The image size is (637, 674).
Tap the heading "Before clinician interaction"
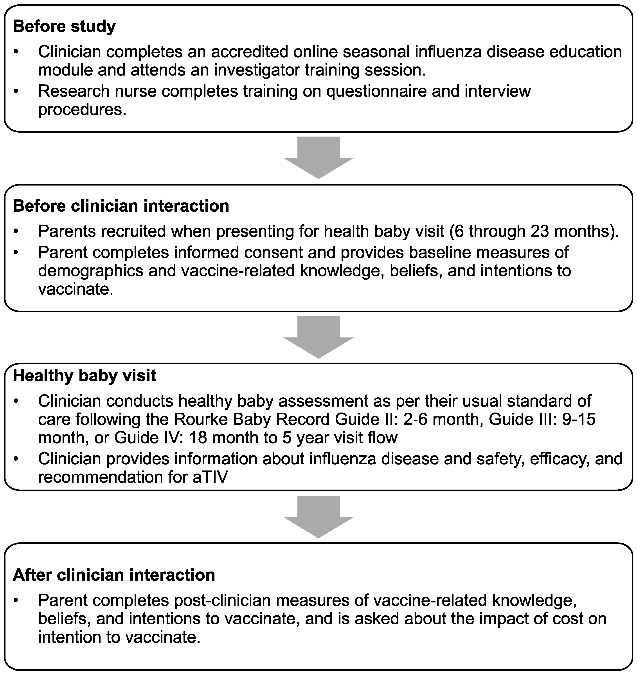tap(121, 206)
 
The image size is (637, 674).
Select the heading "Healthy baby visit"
tap(85, 376)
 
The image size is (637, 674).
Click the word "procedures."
tap(82, 110)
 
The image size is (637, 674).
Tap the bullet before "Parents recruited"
tap(15, 232)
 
